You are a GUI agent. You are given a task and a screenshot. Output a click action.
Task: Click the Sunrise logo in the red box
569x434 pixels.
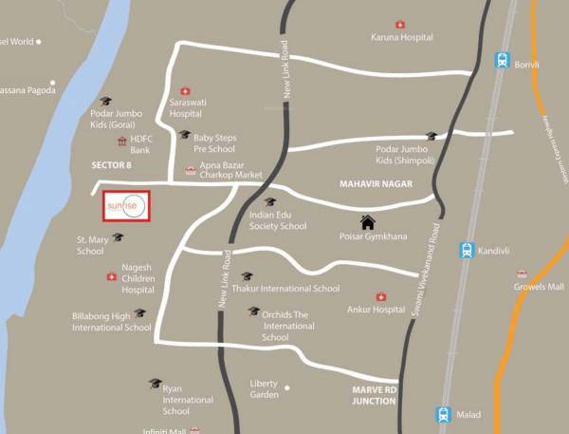point(126,206)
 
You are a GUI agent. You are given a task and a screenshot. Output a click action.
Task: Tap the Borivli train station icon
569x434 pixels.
point(501,61)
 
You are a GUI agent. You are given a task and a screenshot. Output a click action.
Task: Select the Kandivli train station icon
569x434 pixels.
point(466,251)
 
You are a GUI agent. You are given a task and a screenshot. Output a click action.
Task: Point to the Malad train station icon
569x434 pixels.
point(443,414)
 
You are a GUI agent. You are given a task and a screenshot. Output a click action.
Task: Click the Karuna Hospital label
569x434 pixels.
point(401,37)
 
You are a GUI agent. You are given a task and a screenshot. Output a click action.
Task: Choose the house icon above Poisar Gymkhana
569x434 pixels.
point(367,222)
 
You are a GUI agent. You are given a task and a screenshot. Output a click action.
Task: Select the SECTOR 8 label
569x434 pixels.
point(112,166)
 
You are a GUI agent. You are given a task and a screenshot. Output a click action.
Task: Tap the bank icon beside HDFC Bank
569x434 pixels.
point(121,141)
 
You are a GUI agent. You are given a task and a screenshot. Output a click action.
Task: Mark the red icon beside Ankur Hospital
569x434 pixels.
point(381,296)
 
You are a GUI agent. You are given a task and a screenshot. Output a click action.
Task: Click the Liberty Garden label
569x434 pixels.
point(265,388)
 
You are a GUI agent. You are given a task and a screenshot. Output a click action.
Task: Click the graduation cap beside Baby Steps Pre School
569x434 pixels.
point(185,135)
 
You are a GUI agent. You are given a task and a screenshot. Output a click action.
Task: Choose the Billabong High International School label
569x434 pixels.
point(111,321)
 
